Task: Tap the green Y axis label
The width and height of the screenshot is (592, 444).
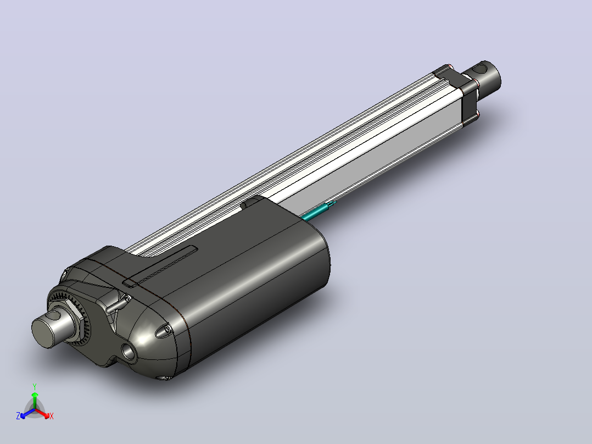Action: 35,386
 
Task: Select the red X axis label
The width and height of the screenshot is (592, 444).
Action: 52,416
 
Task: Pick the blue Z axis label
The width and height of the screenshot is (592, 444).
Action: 18,415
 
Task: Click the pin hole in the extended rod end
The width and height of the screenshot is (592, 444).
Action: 481,68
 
